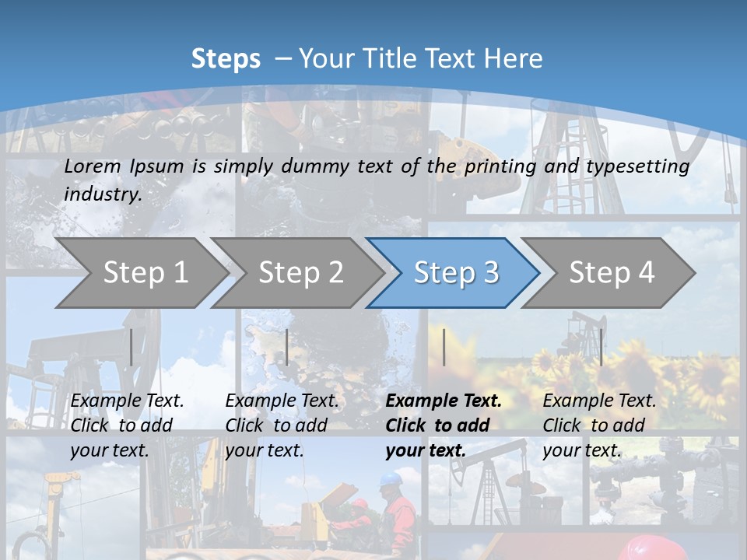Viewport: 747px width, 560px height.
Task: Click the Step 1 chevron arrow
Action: pyautogui.click(x=140, y=272)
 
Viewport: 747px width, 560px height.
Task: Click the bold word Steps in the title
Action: pyautogui.click(x=226, y=58)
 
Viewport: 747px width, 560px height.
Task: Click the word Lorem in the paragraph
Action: pyautogui.click(x=93, y=166)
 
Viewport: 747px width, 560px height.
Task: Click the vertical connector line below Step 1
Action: pyautogui.click(x=132, y=347)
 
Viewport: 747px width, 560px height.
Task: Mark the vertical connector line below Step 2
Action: pyautogui.click(x=287, y=347)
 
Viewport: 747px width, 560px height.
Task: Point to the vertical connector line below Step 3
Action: pyautogui.click(x=444, y=347)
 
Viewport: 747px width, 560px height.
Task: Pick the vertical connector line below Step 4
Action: pyautogui.click(x=601, y=347)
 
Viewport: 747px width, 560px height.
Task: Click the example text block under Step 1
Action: pyautogui.click(x=127, y=425)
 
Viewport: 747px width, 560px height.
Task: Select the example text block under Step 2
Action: pyautogui.click(x=282, y=425)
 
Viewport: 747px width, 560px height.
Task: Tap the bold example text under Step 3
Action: pyautogui.click(x=444, y=425)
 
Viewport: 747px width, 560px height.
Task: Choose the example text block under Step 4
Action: pyautogui.click(x=599, y=425)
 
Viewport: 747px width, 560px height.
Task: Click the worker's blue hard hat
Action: pyautogui.click(x=391, y=479)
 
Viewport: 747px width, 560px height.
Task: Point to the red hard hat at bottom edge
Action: pyautogui.click(x=654, y=548)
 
